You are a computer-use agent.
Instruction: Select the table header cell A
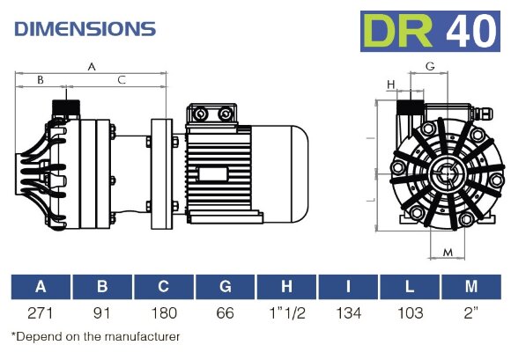(41, 286)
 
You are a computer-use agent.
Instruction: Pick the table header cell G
(226, 286)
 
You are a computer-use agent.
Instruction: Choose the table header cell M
(471, 286)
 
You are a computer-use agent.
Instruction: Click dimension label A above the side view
(93, 66)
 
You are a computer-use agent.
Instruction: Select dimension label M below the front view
(448, 253)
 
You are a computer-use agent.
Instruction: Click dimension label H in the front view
(391, 84)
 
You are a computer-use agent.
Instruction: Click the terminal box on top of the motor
(211, 114)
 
